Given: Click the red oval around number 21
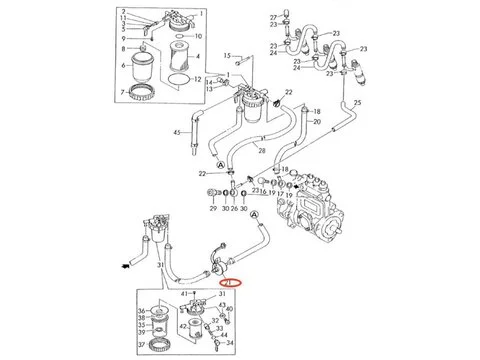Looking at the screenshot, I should (x=228, y=283).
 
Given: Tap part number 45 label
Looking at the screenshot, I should (x=177, y=133).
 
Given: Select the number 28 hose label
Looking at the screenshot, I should (x=260, y=149).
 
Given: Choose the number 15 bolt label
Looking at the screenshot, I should (x=226, y=55).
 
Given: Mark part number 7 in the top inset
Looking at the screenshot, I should (x=124, y=92).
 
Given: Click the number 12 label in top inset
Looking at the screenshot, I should (x=197, y=79).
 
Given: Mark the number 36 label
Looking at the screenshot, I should (x=140, y=310).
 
